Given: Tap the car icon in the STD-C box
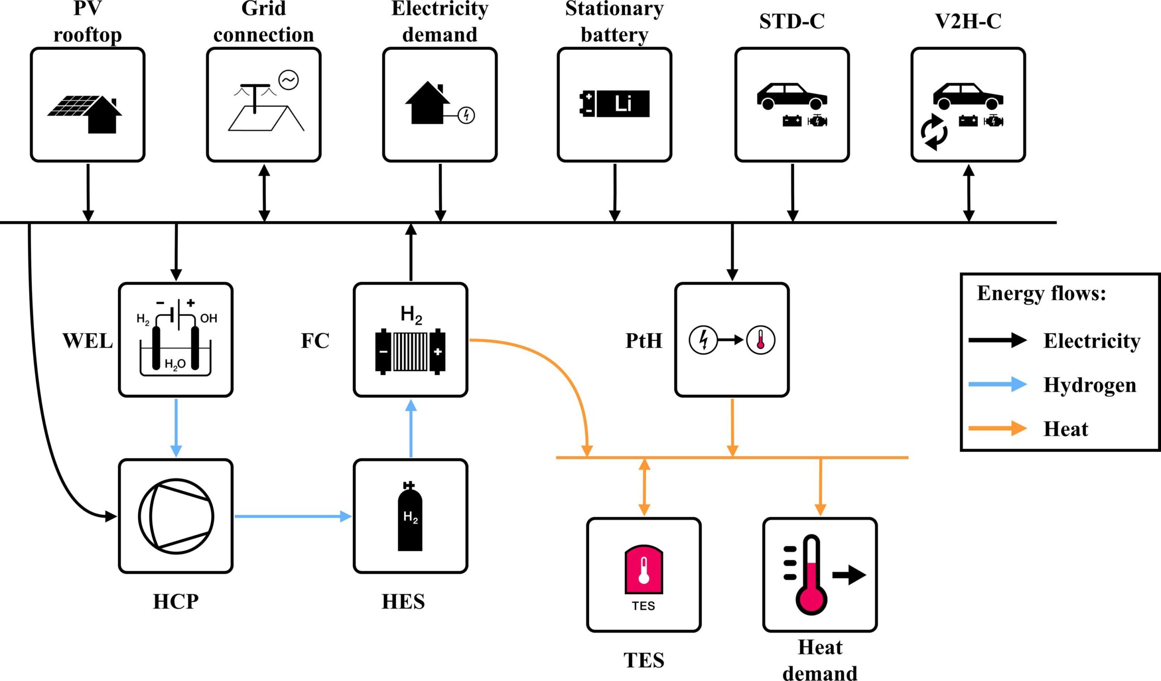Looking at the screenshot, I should point(791,96).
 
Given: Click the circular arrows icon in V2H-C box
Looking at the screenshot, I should point(934,132).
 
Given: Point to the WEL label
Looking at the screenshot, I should point(88,341).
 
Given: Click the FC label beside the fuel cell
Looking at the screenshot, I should point(315,341).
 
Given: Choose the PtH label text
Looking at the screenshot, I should point(644,341).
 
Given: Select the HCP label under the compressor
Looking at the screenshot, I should point(176,602).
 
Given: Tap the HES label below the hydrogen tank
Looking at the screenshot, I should point(403,602).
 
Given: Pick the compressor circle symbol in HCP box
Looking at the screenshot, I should point(176,516).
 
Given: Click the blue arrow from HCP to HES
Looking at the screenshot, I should point(293,516).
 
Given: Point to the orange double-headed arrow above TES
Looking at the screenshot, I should point(644,487).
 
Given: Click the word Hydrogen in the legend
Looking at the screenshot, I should point(1090,385).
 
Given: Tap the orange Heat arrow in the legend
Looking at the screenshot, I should point(997,429).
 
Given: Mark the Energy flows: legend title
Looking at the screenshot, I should point(1041,294).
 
